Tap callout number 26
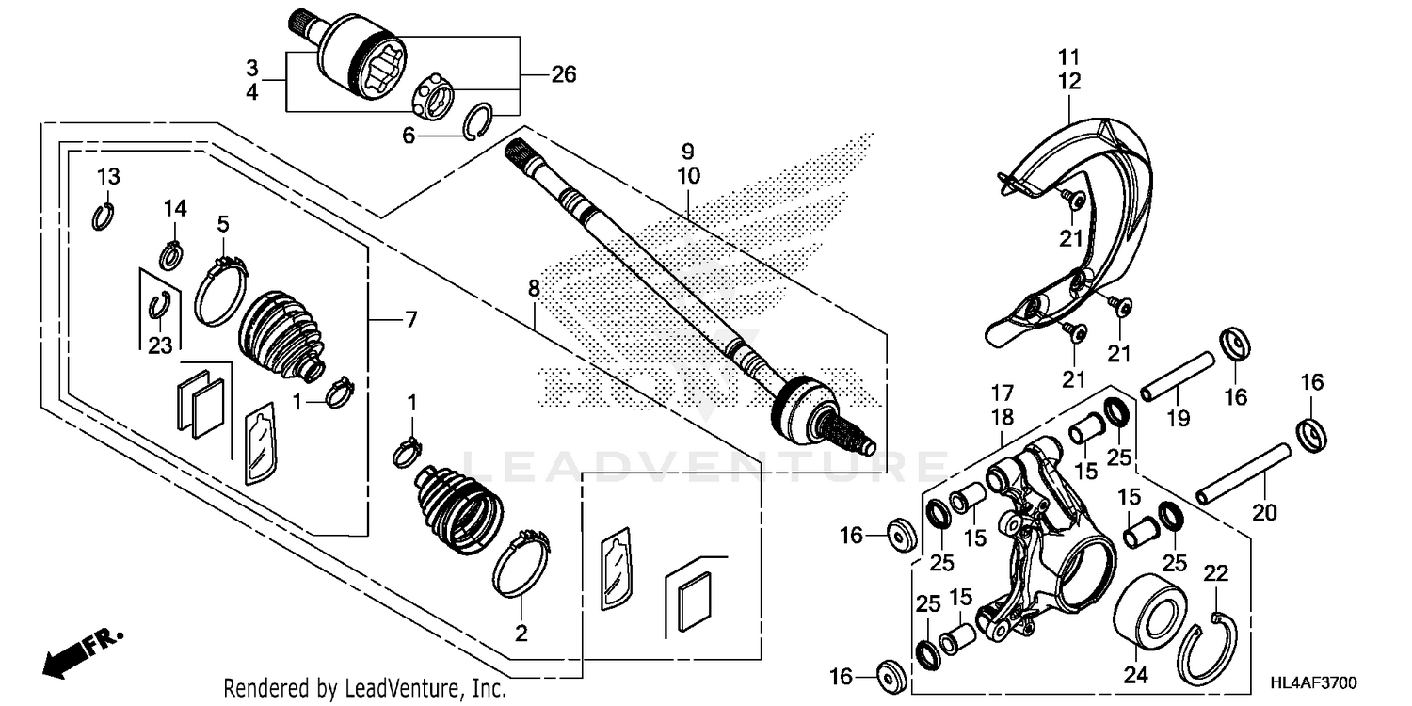tap(563, 74)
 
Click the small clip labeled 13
tap(104, 217)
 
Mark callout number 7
tap(409, 321)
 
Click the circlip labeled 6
tap(481, 122)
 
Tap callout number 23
tap(160, 345)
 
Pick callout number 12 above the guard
tap(1069, 81)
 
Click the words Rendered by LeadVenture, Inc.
tap(365, 689)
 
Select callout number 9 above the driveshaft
tap(687, 150)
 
